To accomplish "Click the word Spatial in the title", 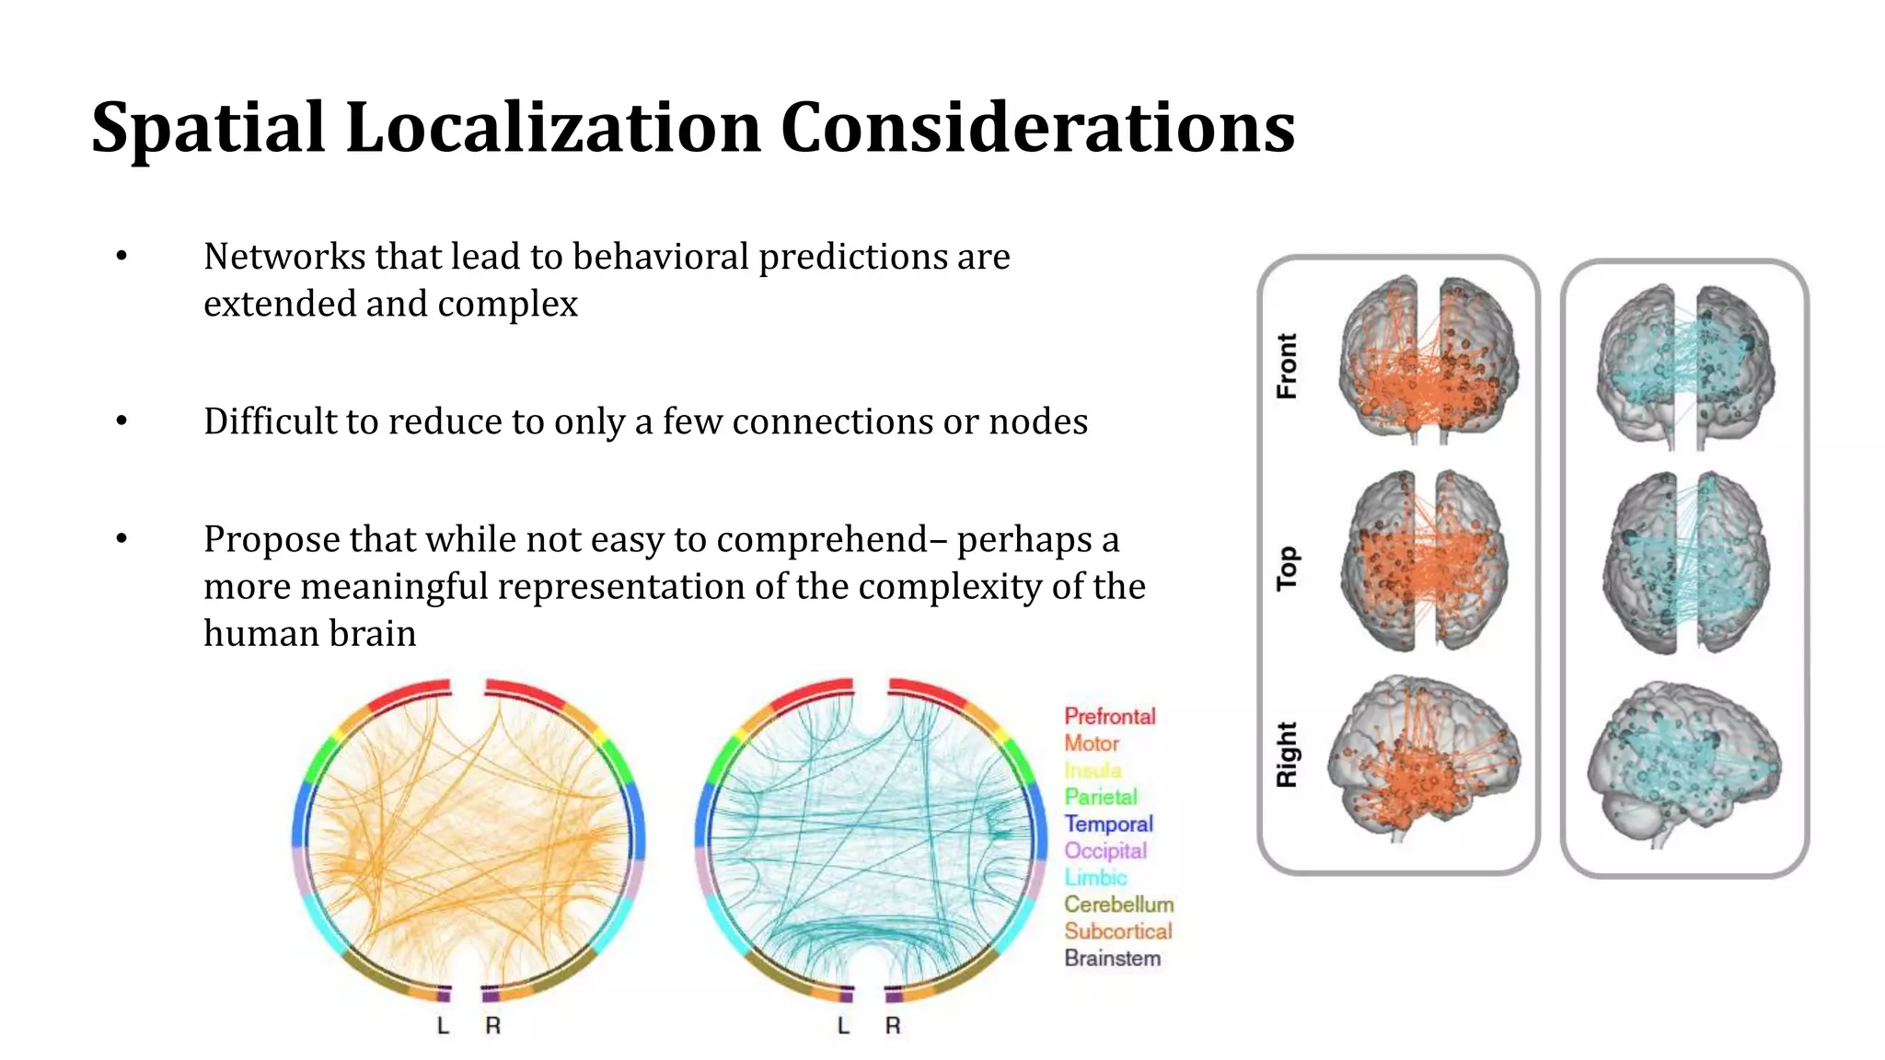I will click(208, 129).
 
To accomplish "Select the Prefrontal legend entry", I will click(1109, 716).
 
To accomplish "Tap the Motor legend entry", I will click(1092, 743).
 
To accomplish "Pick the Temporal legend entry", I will click(1108, 824).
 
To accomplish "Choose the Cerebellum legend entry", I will click(1118, 904).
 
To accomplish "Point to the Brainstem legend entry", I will click(1112, 958).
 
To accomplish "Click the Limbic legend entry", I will click(1095, 878).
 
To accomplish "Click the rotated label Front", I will click(1287, 366).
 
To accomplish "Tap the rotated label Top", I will click(1287, 568).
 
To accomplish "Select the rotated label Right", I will click(1287, 755).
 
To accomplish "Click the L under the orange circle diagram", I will click(443, 1025).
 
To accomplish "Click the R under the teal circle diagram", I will click(893, 1025).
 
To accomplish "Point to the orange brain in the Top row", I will click(1424, 561).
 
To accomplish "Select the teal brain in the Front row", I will click(1685, 365).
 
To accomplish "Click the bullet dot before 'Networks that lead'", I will click(121, 257).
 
